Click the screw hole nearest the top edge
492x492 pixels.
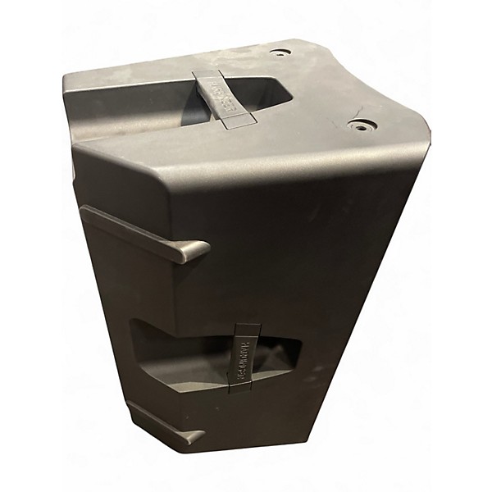[x=280, y=52]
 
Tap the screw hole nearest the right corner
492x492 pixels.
[x=362, y=125]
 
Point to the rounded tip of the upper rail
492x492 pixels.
[x=197, y=251]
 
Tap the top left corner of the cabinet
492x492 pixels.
[x=66, y=76]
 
